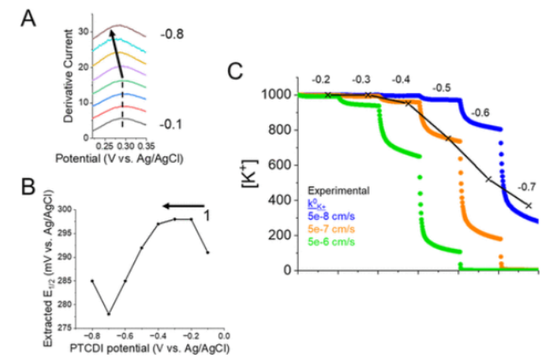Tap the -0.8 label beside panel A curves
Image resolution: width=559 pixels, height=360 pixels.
pyautogui.click(x=171, y=34)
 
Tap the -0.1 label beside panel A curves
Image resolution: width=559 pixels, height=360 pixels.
pyautogui.click(x=171, y=123)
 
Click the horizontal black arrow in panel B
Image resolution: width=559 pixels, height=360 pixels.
pyautogui.click(x=183, y=204)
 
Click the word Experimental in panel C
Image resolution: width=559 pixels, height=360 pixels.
pyautogui.click(x=336, y=192)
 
